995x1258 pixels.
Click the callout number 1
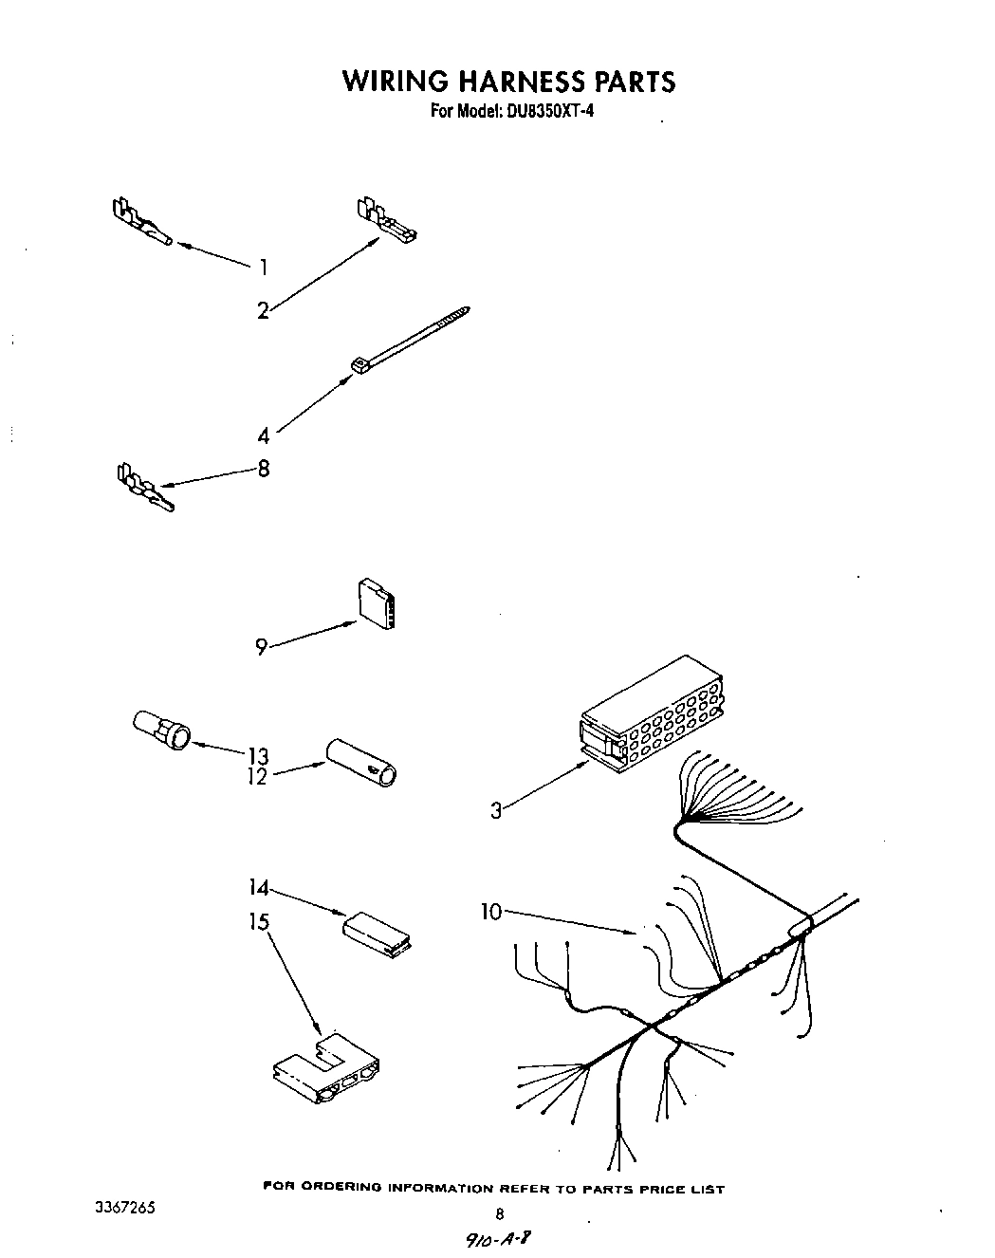(264, 268)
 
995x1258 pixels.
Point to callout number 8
(264, 468)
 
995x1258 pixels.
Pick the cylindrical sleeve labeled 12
(363, 762)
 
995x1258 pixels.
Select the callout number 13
(258, 756)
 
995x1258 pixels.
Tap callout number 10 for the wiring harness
(491, 912)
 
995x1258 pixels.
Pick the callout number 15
(258, 921)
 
